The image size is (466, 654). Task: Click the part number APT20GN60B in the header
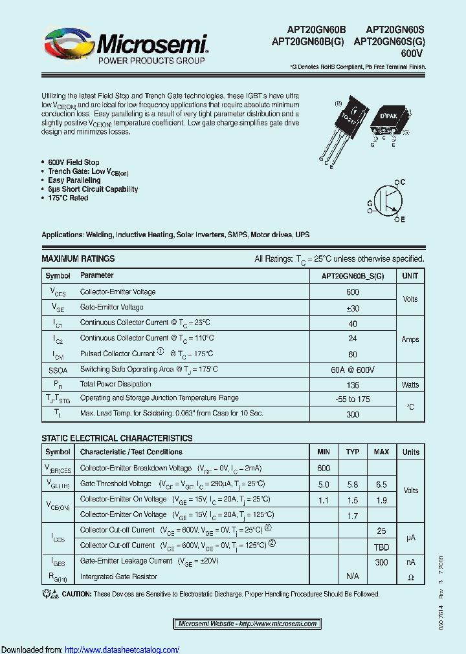coord(317,30)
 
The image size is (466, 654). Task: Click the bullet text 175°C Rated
coord(68,198)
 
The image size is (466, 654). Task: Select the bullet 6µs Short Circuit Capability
coord(93,189)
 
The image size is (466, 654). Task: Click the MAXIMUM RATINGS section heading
coord(78,258)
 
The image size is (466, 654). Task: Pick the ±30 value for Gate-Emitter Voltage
coord(353,308)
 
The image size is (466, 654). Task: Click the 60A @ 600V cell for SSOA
coord(353,370)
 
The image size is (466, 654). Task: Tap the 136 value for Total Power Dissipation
coord(353,385)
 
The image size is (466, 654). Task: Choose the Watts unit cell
coord(410,385)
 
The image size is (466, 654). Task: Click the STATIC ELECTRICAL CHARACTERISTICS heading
coord(116,438)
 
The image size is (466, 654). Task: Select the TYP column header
coord(353,452)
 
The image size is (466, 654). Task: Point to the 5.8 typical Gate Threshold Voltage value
coord(353,484)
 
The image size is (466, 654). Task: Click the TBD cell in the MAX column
coord(381,546)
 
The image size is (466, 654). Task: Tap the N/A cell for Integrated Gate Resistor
coord(353,576)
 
